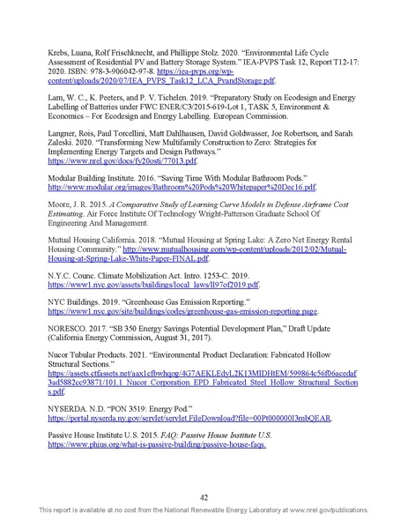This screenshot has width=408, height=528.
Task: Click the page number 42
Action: (204, 496)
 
